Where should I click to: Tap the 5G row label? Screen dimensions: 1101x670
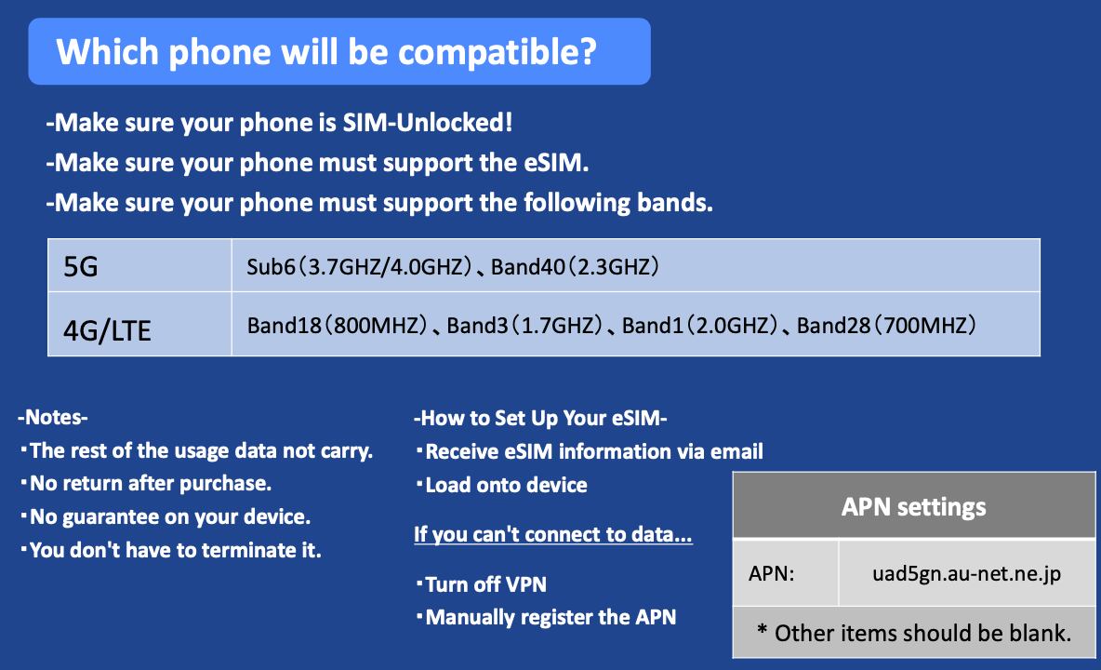click(x=81, y=267)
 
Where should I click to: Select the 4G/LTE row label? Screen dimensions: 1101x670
click(x=108, y=330)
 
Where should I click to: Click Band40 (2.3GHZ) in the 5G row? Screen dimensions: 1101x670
click(x=575, y=267)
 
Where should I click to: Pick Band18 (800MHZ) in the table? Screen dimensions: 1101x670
click(x=337, y=325)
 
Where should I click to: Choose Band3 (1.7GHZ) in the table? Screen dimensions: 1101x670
click(x=525, y=325)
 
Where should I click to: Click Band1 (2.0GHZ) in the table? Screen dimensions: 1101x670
click(x=700, y=325)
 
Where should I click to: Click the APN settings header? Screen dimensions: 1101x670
click(x=913, y=507)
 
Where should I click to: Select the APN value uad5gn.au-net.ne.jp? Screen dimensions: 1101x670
click(x=967, y=574)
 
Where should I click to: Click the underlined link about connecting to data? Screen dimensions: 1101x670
click(x=553, y=534)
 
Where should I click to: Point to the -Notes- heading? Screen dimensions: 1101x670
click(x=53, y=417)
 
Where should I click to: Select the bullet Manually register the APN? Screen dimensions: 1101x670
click(x=546, y=617)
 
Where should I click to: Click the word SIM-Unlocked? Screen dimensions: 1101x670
click(x=428, y=123)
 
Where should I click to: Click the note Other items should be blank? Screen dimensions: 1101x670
click(x=913, y=633)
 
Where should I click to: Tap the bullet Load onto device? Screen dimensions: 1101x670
click(x=502, y=486)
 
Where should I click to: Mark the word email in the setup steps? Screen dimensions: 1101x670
click(x=736, y=451)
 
